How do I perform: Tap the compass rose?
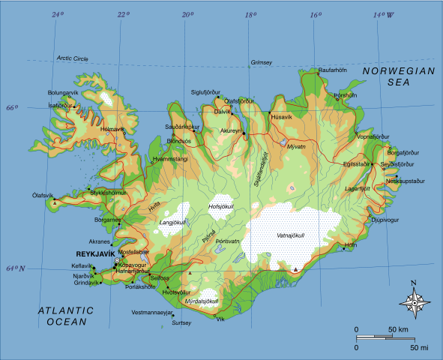414,302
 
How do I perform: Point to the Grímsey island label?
262,62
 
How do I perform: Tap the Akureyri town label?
231,131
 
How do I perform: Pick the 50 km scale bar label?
397,330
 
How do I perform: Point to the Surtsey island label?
181,322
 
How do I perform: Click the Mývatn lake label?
297,148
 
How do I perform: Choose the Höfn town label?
350,245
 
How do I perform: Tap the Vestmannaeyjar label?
152,311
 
